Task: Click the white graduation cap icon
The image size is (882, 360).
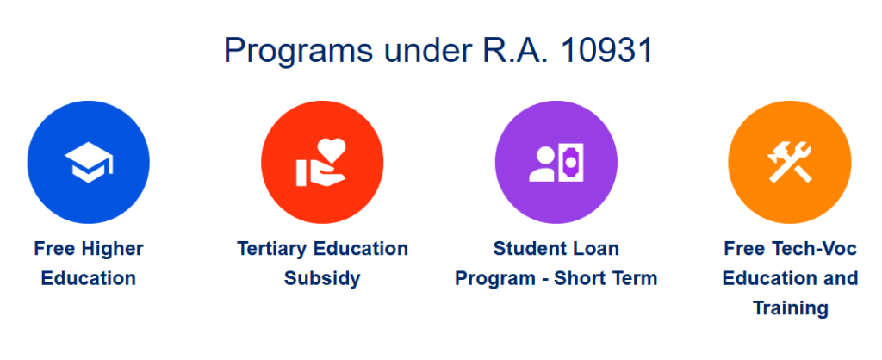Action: [x=89, y=163]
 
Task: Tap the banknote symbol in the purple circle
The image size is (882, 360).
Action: [x=569, y=162]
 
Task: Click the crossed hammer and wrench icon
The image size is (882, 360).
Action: [x=789, y=162]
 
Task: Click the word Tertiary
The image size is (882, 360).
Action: [x=273, y=249]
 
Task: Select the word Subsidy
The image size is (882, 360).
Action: [x=322, y=279]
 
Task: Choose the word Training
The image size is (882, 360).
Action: [x=790, y=307]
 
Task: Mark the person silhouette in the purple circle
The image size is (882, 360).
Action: [x=542, y=163]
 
